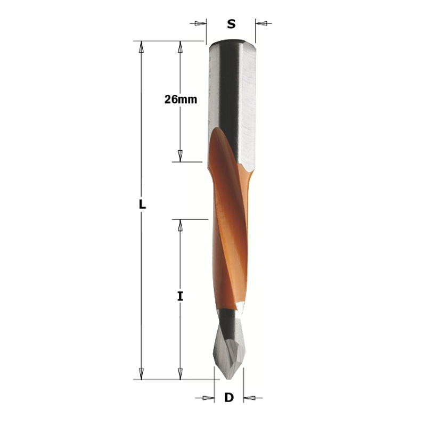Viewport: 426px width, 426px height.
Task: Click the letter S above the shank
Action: [x=231, y=24]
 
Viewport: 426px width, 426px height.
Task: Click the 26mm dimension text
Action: [x=181, y=100]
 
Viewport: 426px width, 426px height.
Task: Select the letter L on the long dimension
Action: [x=142, y=204]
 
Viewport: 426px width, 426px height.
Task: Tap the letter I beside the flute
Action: [x=180, y=296]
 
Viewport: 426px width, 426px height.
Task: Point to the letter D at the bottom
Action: [x=229, y=397]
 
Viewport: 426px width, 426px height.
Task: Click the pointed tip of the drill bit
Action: [x=228, y=379]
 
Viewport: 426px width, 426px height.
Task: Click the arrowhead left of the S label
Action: [x=201, y=23]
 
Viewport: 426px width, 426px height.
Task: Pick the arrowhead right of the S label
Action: [x=261, y=23]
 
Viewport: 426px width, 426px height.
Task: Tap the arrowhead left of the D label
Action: [x=208, y=398]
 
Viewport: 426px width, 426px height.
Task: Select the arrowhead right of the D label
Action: [x=249, y=398]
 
